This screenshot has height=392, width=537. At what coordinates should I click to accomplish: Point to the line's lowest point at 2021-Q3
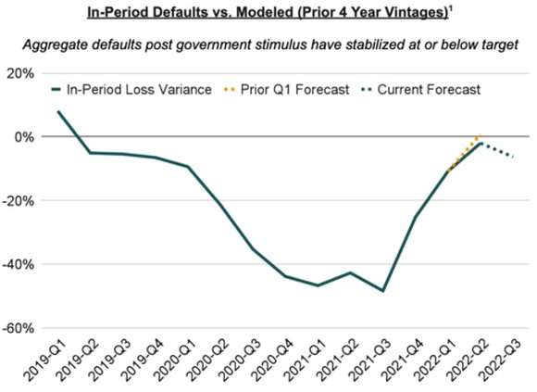click(x=382, y=291)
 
